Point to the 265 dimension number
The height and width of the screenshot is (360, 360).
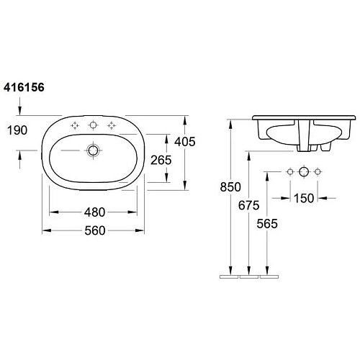163,160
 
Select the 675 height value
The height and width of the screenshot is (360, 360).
248,205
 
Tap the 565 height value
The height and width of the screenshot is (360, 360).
269,223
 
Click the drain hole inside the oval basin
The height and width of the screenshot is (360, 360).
93,150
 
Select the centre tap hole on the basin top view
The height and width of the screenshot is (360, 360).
93,126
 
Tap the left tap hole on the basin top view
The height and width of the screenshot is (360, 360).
75,126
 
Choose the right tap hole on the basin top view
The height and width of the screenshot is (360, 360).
111,126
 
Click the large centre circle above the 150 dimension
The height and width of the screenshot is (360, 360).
303,172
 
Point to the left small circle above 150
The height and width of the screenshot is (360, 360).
290,172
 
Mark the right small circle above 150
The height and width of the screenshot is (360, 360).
316,172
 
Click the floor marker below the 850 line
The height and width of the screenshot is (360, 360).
229,276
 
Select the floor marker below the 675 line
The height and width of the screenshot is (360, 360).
248,276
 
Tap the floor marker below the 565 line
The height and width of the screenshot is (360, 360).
268,276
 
